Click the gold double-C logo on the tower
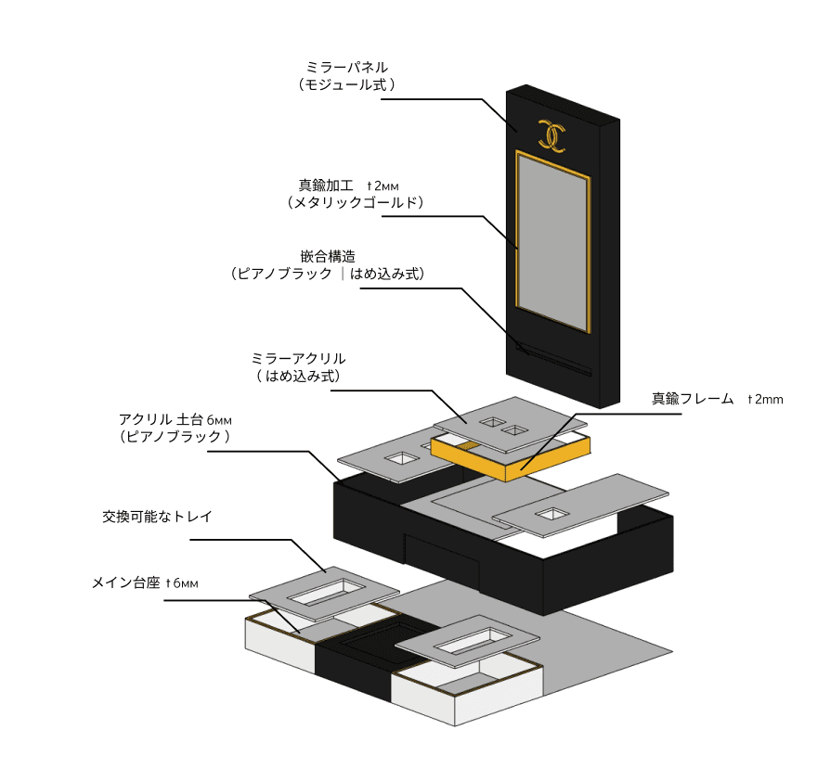(552, 136)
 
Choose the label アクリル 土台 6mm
(175, 418)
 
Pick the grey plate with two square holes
(501, 426)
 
